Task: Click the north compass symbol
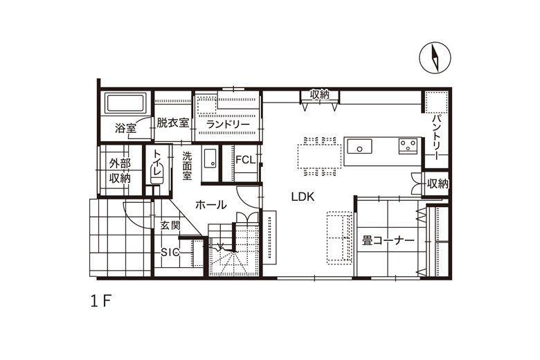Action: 435,57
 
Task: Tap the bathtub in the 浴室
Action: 125,103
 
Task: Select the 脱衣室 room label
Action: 173,123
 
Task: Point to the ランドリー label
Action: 228,125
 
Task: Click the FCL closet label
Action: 246,160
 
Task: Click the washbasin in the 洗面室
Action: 209,158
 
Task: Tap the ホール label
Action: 210,205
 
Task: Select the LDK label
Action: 303,197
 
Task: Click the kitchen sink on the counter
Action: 359,146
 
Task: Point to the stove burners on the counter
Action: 408,146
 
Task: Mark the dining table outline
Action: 320,156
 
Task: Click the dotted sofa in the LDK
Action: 339,237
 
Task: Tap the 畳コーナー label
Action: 388,240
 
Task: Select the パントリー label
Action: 437,138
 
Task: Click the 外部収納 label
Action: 120,171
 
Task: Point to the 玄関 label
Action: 170,226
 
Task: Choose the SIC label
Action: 170,253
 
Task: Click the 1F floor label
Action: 100,301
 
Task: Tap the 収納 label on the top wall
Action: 320,94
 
